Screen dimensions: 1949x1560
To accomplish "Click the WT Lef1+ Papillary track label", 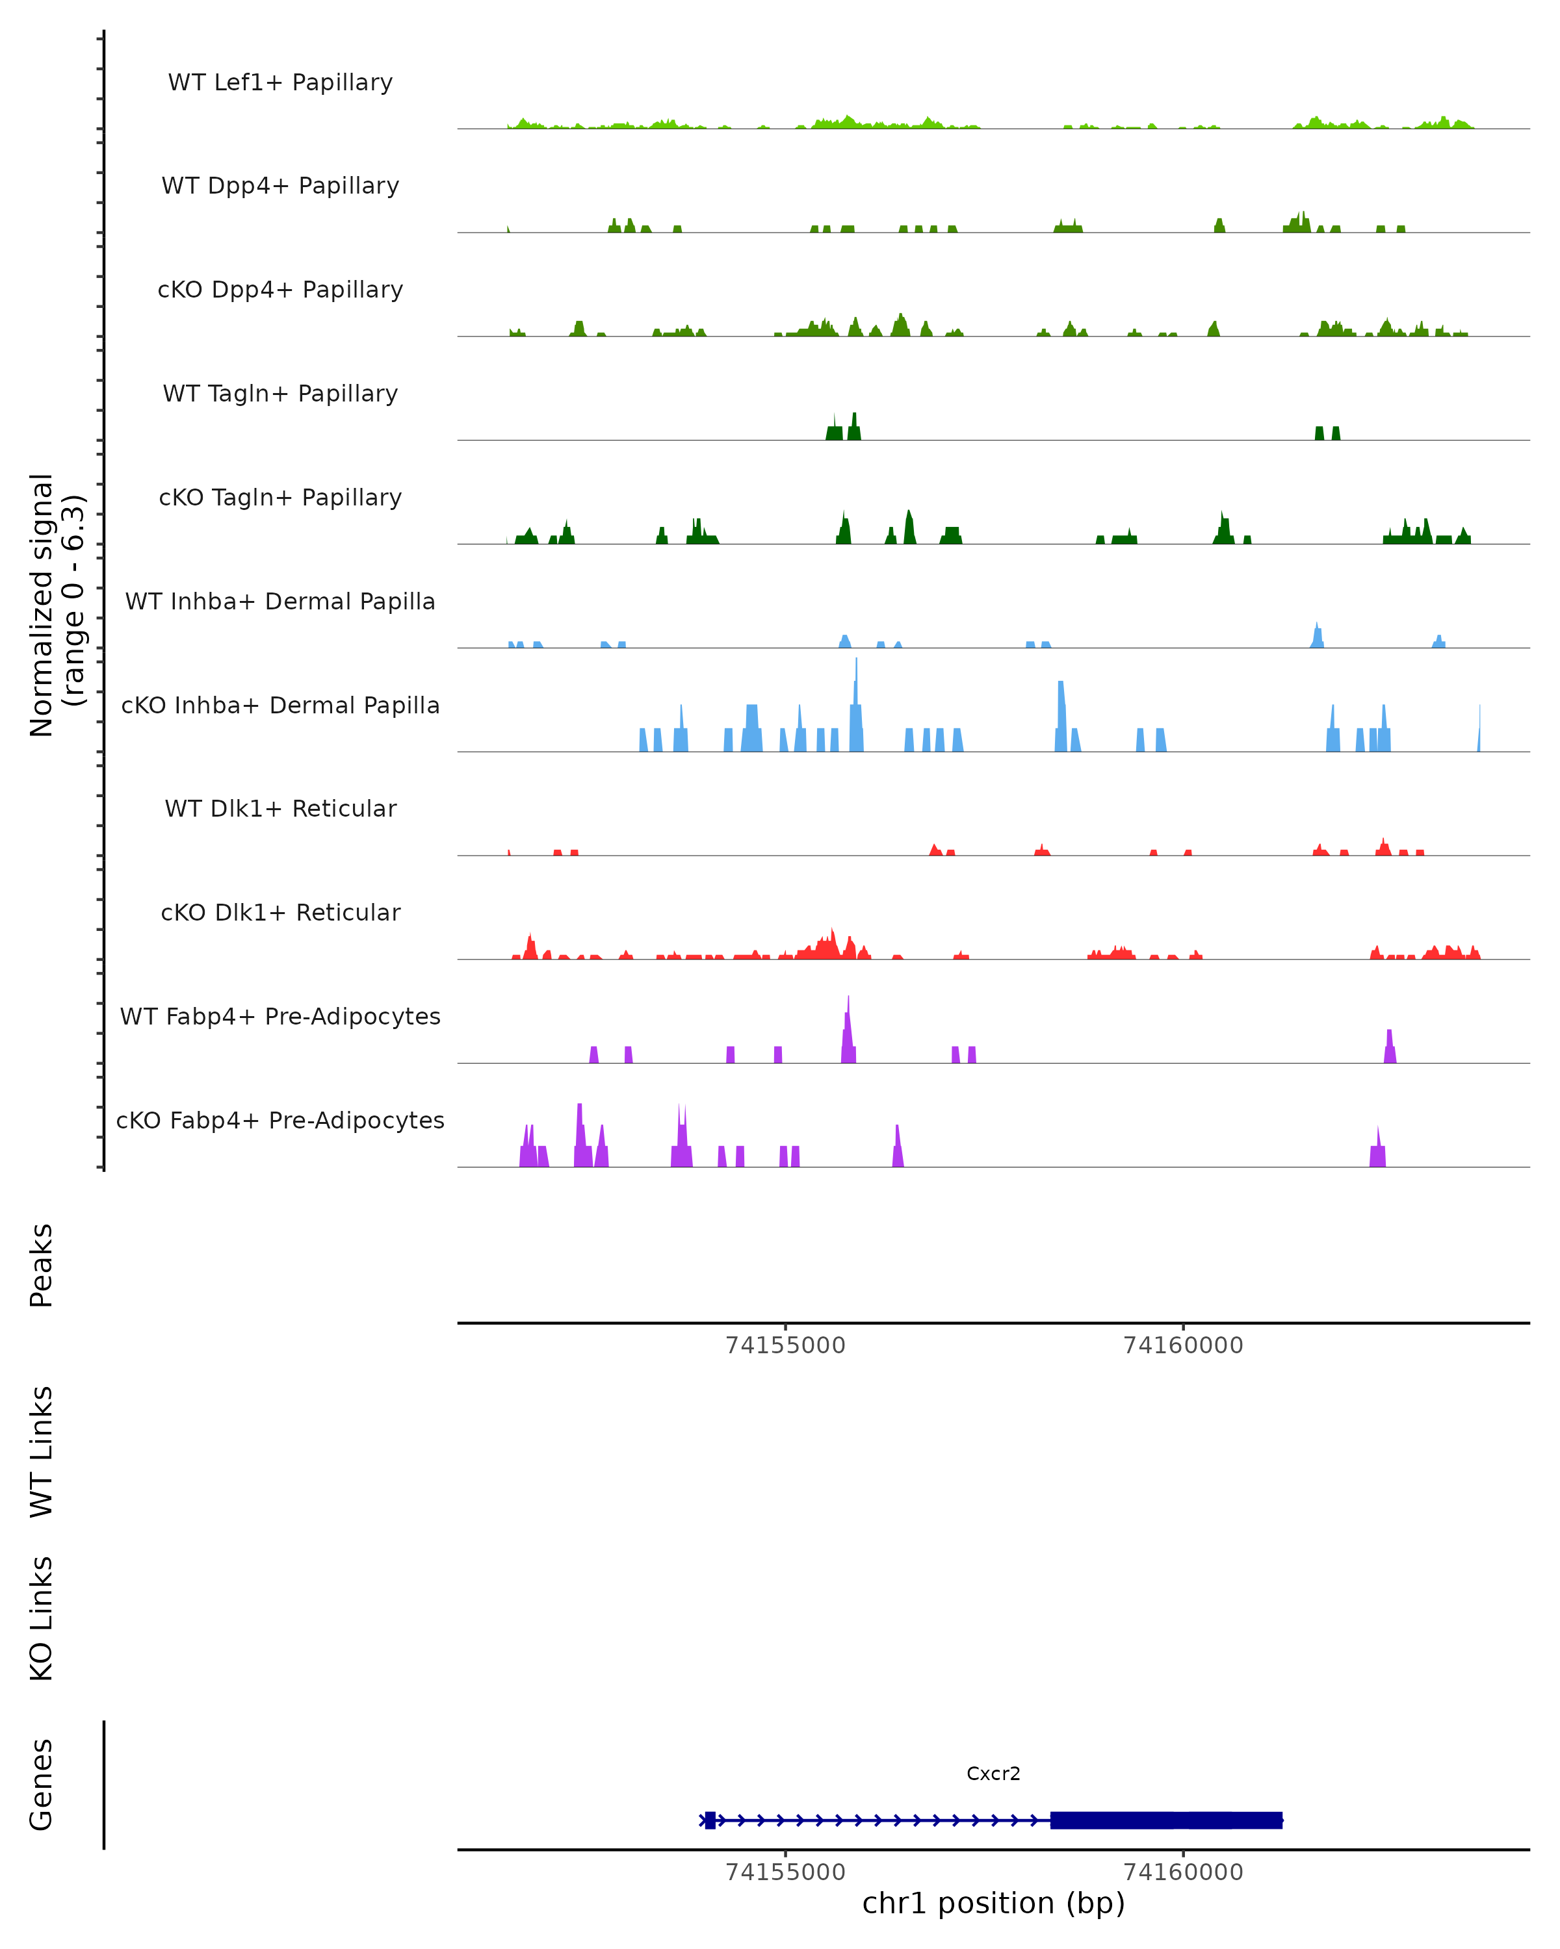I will coord(280,83).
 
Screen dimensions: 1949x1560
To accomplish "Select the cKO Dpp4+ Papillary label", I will coord(280,290).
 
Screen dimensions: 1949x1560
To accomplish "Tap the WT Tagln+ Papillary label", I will coord(280,394).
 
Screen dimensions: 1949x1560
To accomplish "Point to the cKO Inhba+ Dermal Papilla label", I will coord(280,706).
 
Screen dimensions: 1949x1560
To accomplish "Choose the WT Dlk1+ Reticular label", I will coord(280,809).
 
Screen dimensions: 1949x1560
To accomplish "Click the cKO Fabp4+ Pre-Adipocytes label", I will coord(280,1121).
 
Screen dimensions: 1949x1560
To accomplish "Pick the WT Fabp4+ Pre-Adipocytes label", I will coord(280,1017).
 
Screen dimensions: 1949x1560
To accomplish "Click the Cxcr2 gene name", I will coord(993,1774).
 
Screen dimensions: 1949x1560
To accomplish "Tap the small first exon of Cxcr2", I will coord(710,1820).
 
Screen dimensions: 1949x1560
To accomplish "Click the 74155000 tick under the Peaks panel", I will coord(785,1345).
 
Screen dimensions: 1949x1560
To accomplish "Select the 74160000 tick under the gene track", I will coord(1183,1872).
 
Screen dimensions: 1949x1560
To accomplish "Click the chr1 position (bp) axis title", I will coord(993,1904).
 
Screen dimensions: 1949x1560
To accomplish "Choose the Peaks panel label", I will coord(42,1265).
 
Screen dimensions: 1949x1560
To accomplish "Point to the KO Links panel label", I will coord(42,1618).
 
